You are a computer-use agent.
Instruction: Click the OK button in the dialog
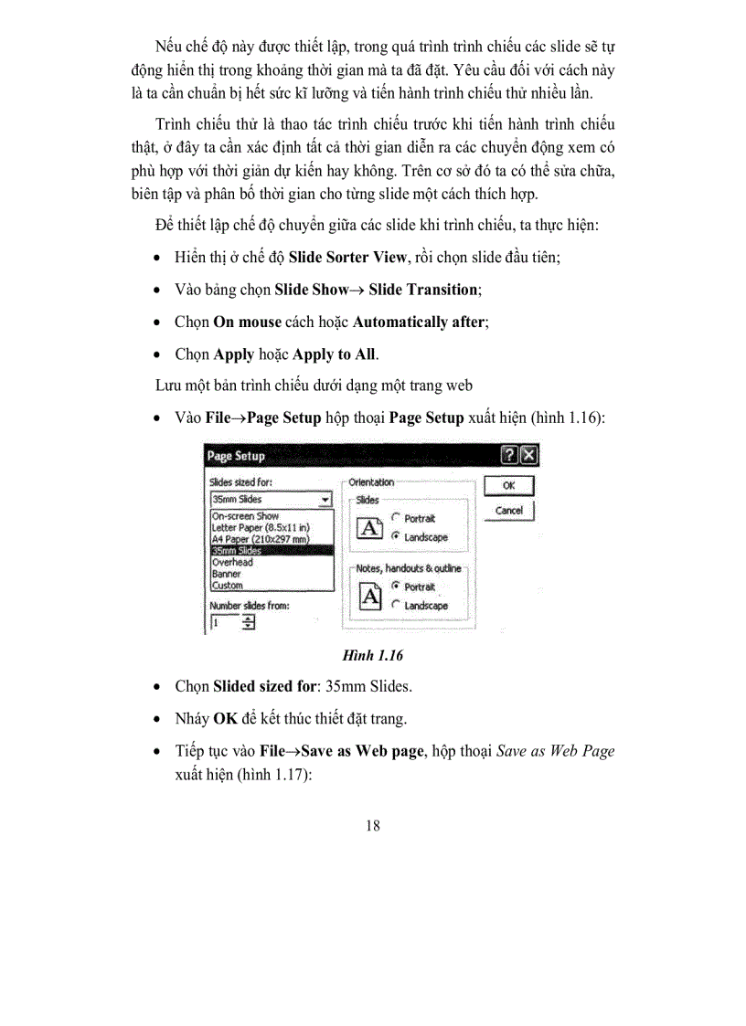click(x=508, y=486)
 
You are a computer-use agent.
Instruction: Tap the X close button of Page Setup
click(x=528, y=456)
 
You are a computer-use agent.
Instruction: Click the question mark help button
click(x=510, y=456)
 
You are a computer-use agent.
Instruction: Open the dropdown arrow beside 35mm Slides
click(x=325, y=500)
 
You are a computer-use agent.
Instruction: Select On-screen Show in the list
click(x=246, y=516)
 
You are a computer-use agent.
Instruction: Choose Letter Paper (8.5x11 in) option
click(x=261, y=528)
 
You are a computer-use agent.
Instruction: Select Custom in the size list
click(x=228, y=586)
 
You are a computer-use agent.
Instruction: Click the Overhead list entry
click(x=232, y=563)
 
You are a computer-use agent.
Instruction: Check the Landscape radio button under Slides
click(x=395, y=537)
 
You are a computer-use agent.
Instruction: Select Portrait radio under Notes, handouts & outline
click(x=395, y=586)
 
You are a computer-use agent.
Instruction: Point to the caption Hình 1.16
click(x=372, y=656)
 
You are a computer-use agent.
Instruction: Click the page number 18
click(x=373, y=826)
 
